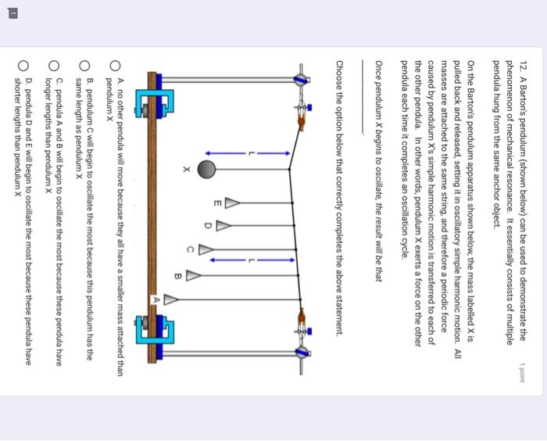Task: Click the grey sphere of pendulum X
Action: coord(206,169)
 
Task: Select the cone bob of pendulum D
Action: coord(224,228)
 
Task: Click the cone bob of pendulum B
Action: coord(193,275)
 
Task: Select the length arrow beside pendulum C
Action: coord(249,259)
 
